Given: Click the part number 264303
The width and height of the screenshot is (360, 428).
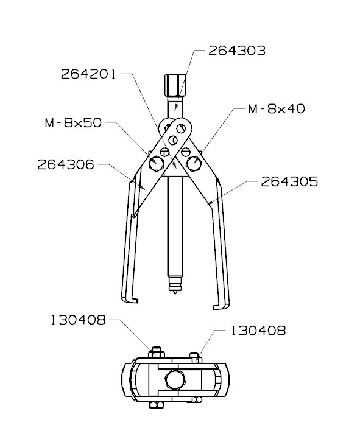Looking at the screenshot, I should tap(236, 51).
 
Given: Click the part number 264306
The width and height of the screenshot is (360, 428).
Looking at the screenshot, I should tap(66, 164).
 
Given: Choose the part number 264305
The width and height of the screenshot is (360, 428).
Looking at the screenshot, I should tap(289, 181).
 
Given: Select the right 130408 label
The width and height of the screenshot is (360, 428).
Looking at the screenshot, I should tap(258, 331).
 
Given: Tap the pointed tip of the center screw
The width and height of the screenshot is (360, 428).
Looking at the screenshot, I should tap(174, 294).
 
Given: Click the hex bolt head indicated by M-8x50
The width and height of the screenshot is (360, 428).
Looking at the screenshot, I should tap(157, 163).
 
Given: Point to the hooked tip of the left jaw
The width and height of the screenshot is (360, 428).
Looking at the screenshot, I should tap(129, 301).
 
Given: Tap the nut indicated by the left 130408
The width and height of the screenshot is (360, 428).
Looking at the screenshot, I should tap(155, 353).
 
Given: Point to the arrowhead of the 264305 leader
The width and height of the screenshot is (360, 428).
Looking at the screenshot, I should tap(210, 202).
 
